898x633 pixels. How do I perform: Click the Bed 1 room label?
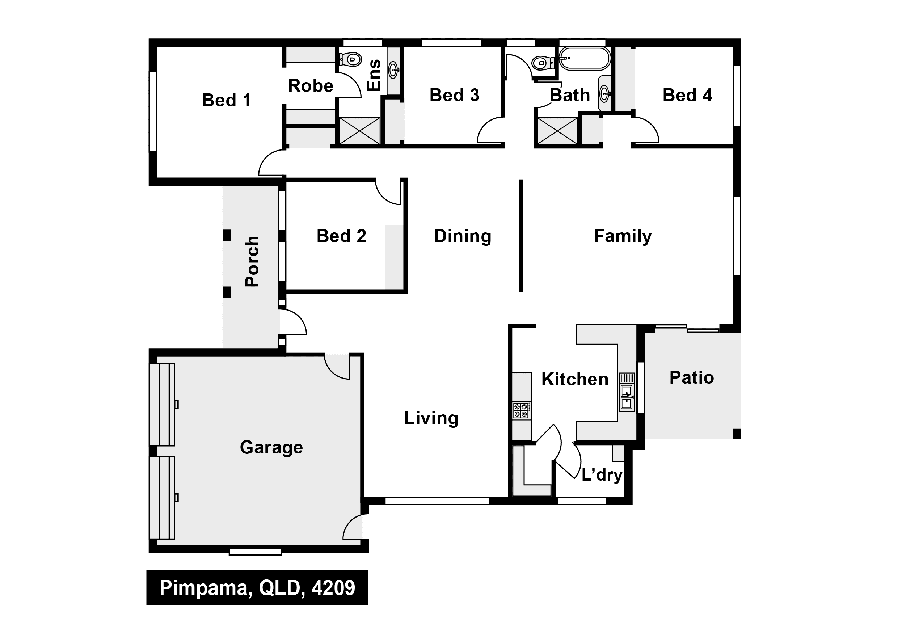[x=226, y=101]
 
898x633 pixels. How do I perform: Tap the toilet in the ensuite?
[x=350, y=60]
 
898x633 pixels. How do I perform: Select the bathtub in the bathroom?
[x=584, y=59]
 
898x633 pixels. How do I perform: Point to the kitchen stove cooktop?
[x=522, y=410]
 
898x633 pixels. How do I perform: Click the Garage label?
[x=271, y=447]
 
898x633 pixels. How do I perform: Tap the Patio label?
[x=691, y=378]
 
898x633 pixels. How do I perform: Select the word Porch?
[x=252, y=261]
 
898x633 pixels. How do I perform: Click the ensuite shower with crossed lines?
[x=359, y=131]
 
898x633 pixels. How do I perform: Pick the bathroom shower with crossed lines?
[x=558, y=131]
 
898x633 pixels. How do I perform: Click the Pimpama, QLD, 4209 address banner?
[x=257, y=588]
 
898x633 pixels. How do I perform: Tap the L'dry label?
[x=602, y=475]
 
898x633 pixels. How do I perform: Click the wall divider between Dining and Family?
[x=521, y=236]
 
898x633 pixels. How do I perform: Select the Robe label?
[x=311, y=86]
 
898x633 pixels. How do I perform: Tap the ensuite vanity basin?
[x=394, y=70]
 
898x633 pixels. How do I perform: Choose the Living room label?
[x=431, y=418]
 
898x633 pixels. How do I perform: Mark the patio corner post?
[x=737, y=434]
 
